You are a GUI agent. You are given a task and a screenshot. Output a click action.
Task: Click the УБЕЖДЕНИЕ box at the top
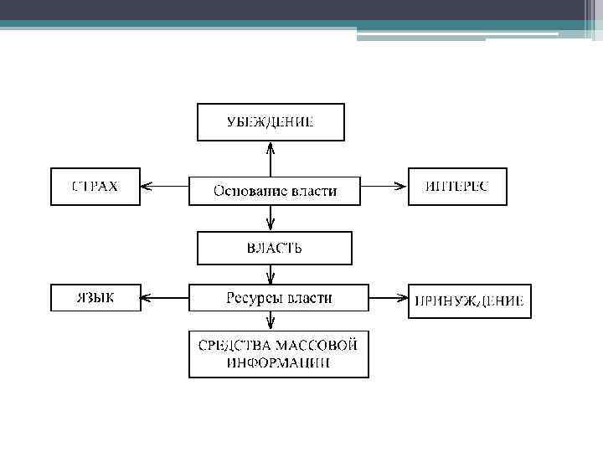click(x=270, y=122)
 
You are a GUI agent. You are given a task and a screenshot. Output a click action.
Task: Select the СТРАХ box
click(x=95, y=187)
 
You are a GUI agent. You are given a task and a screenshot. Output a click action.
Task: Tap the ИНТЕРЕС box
click(x=456, y=187)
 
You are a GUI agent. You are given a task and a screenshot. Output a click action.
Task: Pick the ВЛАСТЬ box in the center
click(x=274, y=248)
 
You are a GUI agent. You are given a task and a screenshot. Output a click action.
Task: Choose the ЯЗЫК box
click(x=95, y=297)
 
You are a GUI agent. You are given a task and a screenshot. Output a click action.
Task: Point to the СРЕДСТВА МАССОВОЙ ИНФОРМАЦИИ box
click(x=278, y=354)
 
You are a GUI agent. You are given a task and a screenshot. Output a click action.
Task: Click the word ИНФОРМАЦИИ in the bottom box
click(x=278, y=363)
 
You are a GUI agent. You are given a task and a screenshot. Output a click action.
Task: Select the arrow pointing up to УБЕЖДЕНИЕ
click(x=270, y=158)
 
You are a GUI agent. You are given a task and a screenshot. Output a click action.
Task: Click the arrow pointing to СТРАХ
click(x=164, y=186)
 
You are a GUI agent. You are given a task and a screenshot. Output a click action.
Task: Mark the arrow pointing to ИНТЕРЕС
click(x=384, y=186)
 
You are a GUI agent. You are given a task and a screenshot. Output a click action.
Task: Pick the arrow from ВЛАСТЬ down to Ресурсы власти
click(x=270, y=275)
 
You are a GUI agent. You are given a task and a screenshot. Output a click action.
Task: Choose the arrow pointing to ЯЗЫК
click(x=164, y=296)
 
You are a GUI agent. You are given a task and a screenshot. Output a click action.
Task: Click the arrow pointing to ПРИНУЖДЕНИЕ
click(x=387, y=297)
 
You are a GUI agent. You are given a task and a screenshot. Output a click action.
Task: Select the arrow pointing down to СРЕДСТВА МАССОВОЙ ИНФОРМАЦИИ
click(x=270, y=321)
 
